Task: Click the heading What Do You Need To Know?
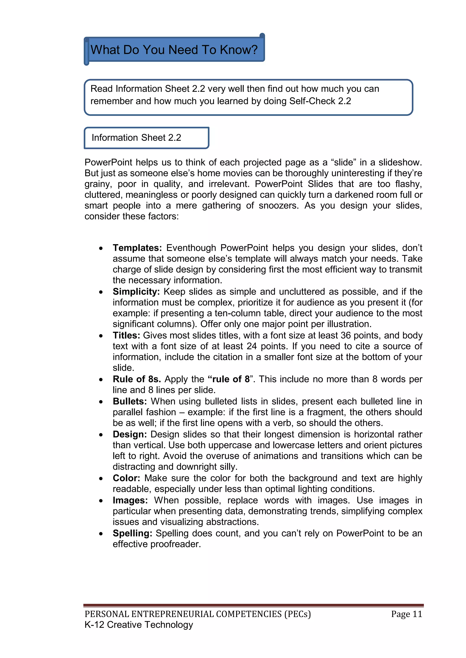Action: [x=174, y=50]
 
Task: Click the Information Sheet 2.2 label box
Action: [x=146, y=138]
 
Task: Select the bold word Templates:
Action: [x=137, y=248]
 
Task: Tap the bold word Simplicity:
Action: [x=136, y=292]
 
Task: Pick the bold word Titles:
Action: [x=126, y=336]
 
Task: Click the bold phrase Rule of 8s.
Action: [x=137, y=379]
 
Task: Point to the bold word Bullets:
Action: [x=130, y=401]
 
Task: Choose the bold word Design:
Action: [x=130, y=434]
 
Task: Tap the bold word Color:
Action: [x=126, y=478]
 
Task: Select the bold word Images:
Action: [x=130, y=500]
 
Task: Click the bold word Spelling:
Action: [x=132, y=533]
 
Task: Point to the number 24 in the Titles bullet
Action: [x=251, y=346]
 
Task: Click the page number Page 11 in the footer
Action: [x=406, y=614]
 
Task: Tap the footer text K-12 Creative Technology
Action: [x=139, y=625]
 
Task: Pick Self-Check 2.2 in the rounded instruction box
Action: [x=320, y=101]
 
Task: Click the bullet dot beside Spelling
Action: [x=101, y=534]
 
